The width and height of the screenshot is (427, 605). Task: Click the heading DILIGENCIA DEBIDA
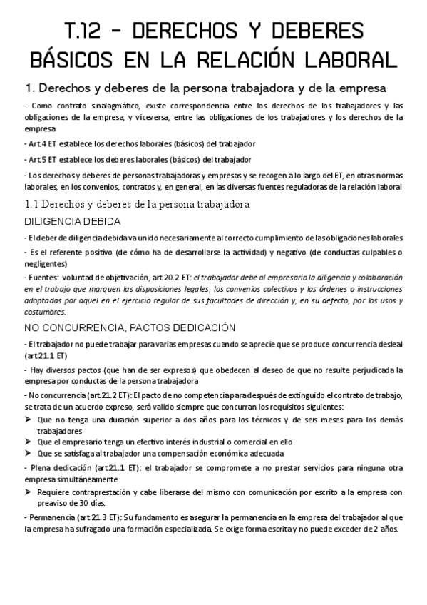point(72,222)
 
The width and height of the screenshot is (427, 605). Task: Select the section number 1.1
point(33,205)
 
